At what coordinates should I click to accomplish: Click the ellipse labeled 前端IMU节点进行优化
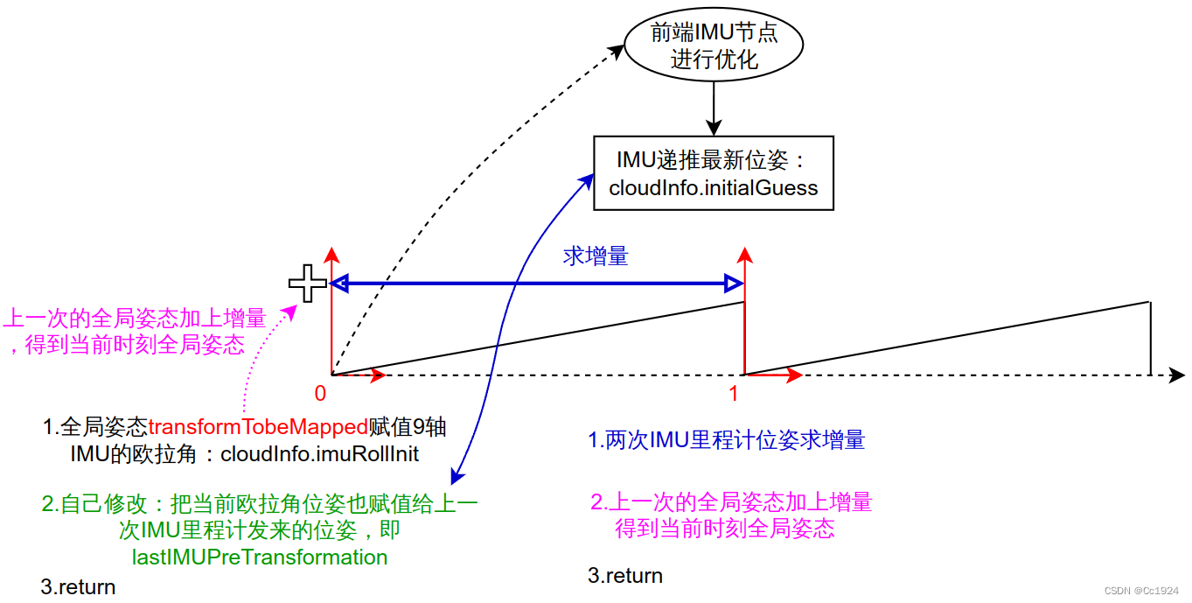coord(714,46)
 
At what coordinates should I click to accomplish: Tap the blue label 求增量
coord(596,256)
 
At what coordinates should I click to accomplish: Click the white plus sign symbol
coord(308,284)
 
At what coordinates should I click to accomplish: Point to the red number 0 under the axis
coord(320,394)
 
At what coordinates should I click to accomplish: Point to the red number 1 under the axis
coord(734,394)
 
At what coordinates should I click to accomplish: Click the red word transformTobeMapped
coord(257,428)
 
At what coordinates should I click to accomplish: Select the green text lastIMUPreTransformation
coord(260,557)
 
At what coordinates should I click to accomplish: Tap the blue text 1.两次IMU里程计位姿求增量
coord(726,440)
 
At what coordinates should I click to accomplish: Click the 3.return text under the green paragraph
coord(78,587)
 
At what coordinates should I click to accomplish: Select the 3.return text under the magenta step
coord(625,576)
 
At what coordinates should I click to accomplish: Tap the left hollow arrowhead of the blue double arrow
coord(340,283)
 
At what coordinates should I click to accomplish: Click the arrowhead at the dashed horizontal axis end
coord(1177,375)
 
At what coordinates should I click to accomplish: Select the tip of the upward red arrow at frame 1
coord(744,253)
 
